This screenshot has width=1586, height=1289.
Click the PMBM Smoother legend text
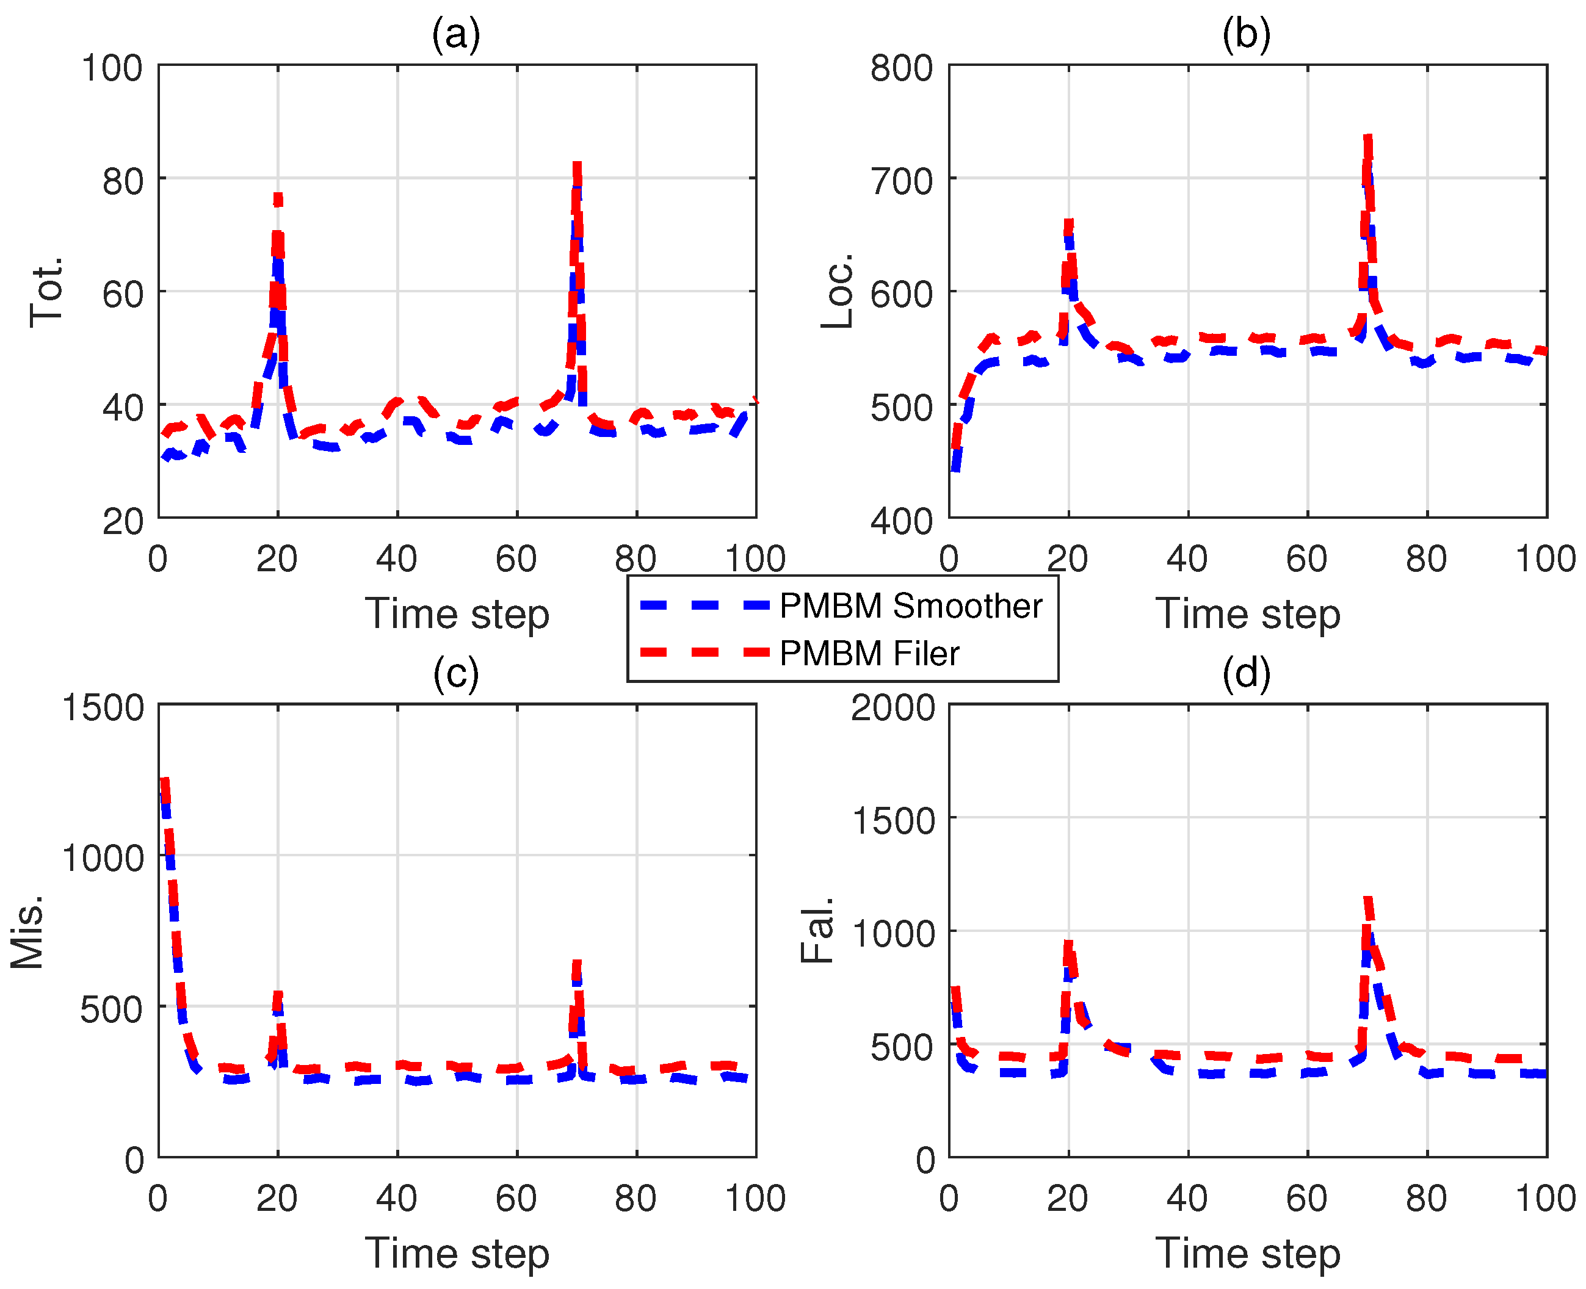point(910,607)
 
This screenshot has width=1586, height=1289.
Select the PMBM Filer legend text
point(869,654)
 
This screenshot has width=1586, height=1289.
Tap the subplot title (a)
point(456,35)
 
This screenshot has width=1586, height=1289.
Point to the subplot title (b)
point(1247,35)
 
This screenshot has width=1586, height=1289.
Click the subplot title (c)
point(456,673)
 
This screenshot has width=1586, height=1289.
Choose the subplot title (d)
point(1247,673)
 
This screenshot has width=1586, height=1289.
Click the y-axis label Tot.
point(46,291)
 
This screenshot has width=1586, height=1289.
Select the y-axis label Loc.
point(837,291)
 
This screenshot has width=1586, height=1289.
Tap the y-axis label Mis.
point(27,933)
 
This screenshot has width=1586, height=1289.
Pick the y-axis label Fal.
point(817,930)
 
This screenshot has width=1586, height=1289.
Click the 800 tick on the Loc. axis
point(902,68)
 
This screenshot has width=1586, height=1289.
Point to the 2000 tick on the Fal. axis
point(893,707)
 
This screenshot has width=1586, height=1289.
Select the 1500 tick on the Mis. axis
point(103,707)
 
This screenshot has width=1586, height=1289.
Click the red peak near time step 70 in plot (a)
point(577,167)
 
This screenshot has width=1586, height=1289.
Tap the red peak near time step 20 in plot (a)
point(278,198)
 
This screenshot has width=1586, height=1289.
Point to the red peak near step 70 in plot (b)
point(1367,140)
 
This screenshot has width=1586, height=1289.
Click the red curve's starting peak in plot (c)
point(164,781)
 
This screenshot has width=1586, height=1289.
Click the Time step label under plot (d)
point(1247,1254)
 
